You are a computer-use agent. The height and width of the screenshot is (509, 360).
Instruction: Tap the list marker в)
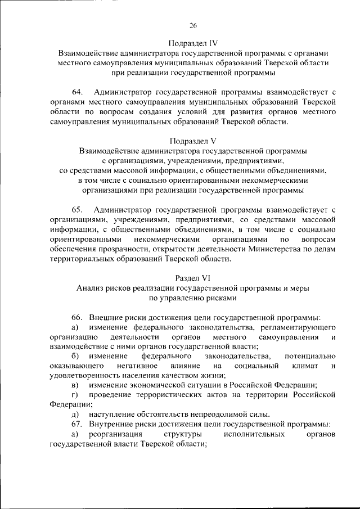point(74,385)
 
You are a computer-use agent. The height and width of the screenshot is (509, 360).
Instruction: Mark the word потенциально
point(310,356)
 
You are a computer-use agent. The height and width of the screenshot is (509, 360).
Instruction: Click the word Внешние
point(105,317)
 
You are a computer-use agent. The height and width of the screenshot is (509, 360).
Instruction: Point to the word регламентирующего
point(299,327)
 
